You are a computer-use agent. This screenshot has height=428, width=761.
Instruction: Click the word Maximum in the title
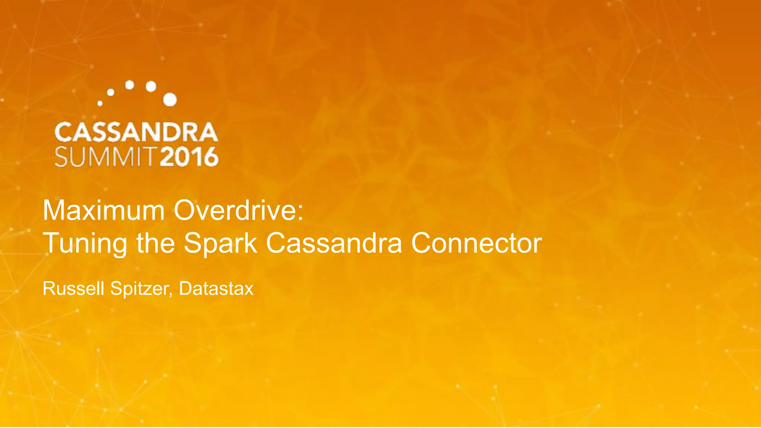tap(104, 210)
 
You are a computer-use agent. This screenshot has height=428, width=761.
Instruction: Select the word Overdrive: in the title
tap(239, 210)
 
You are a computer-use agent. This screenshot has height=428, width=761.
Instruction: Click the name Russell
tap(73, 289)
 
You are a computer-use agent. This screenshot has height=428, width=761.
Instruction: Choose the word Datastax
tap(216, 289)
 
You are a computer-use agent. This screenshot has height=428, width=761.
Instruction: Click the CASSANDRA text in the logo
tap(136, 132)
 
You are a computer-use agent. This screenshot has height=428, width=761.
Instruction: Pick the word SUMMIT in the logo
tap(104, 157)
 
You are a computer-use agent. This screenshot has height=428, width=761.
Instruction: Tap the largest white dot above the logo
tap(170, 100)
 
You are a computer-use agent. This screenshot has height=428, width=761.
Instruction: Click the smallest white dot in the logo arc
tap(100, 103)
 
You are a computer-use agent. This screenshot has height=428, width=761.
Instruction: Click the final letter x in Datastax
tap(249, 289)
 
